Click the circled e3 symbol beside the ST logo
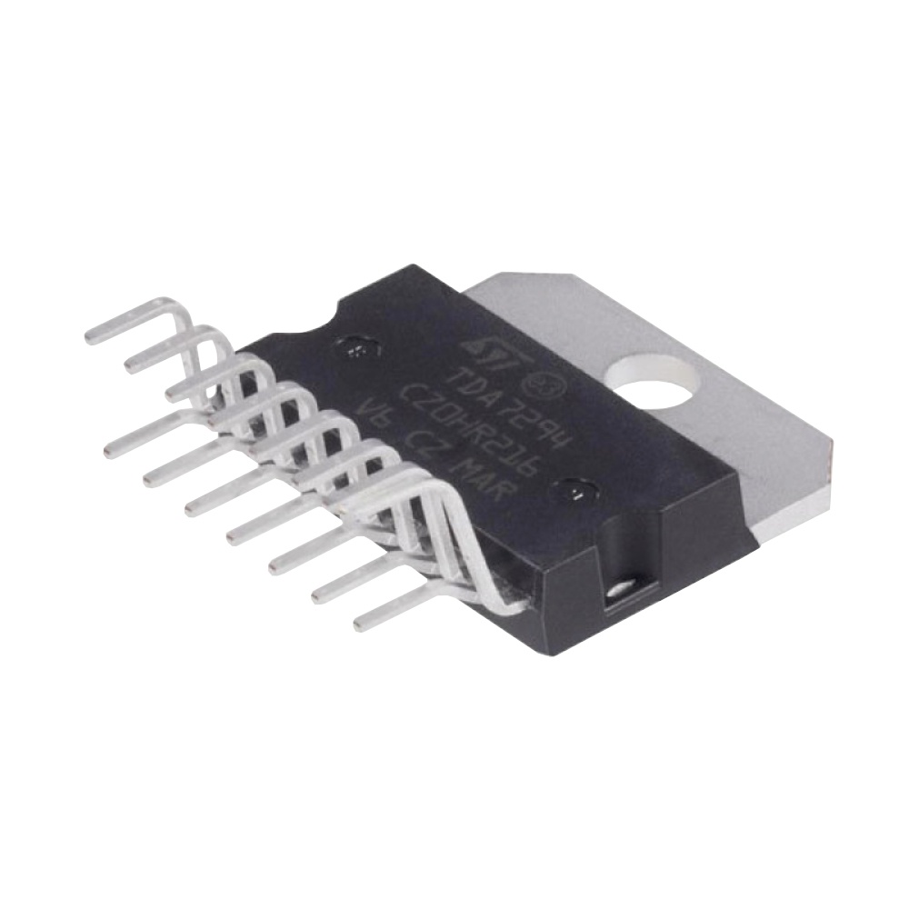click(x=547, y=382)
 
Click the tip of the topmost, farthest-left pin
click(x=91, y=336)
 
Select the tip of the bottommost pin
click(x=360, y=625)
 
